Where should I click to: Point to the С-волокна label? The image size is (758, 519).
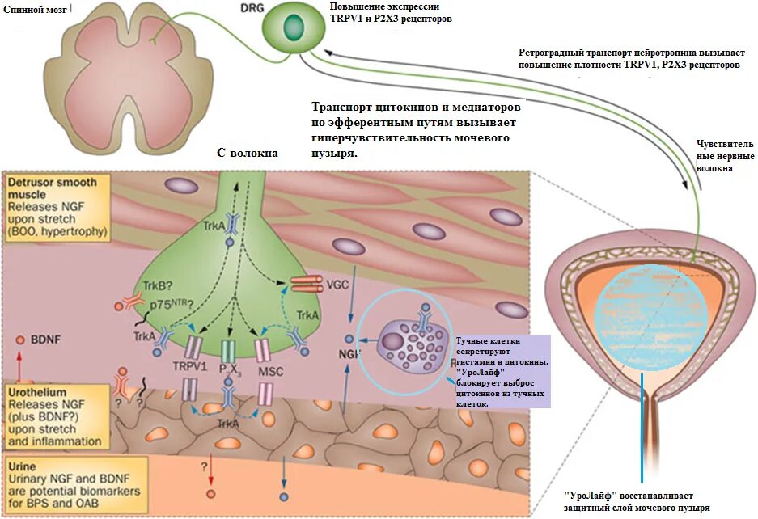click(247, 153)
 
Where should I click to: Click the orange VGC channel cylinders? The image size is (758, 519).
click(307, 284)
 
